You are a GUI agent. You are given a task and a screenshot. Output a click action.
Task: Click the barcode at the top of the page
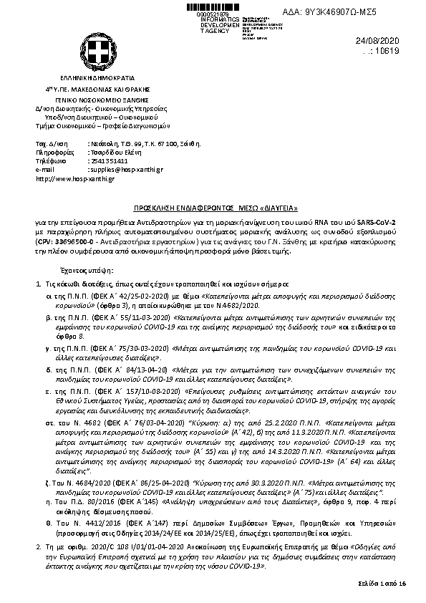(x=215, y=6)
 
